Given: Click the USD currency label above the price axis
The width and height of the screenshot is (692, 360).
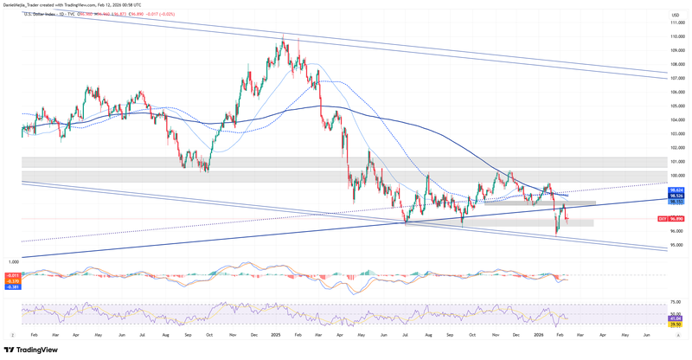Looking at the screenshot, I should pos(675,16).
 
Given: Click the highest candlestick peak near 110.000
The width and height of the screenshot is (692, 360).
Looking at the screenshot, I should pos(283,35).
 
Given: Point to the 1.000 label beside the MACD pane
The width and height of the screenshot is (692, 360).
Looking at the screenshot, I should pos(13,260).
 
